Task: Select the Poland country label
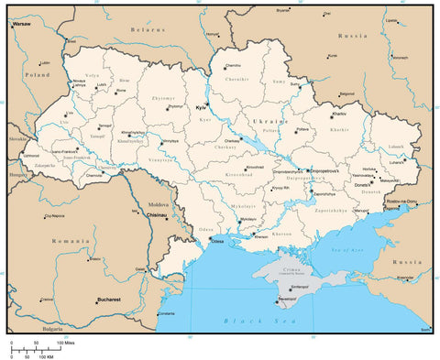click(38, 74)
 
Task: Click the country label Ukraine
click(269, 121)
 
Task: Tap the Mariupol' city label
click(363, 212)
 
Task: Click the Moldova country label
click(159, 204)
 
